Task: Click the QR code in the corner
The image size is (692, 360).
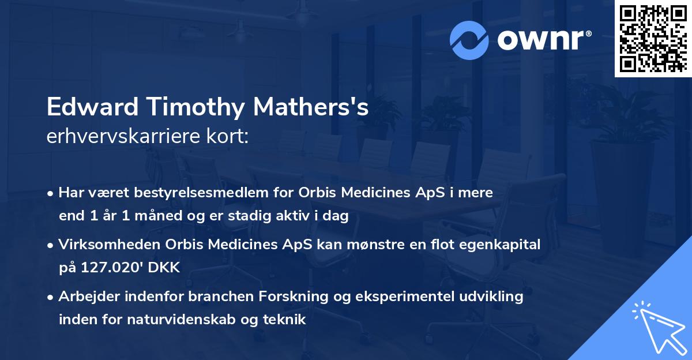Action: [x=653, y=38]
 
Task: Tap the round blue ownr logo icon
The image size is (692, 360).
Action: [x=469, y=40]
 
